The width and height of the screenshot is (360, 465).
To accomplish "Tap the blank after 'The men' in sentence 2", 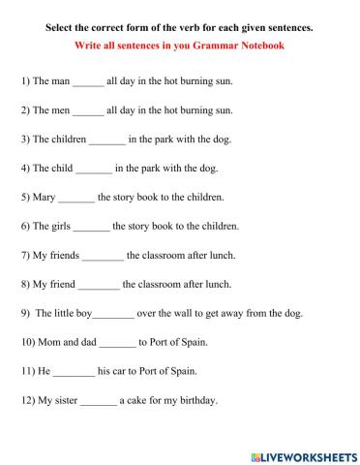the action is click(x=88, y=111).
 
